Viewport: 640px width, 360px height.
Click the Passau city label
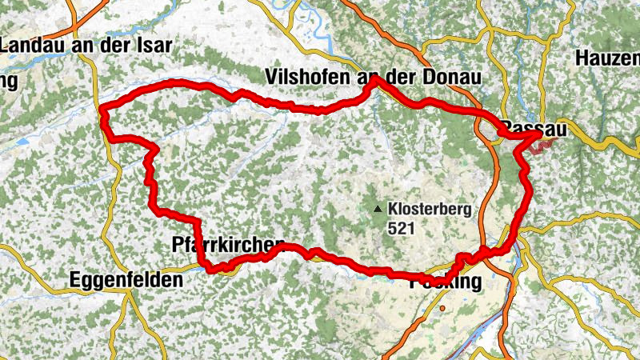pos(529,129)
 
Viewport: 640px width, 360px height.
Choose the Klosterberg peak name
pos(430,210)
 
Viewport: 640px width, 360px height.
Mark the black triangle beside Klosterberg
pos(378,210)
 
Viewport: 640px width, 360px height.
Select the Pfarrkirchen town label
pos(229,244)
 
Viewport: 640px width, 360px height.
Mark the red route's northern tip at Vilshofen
pos(374,79)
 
